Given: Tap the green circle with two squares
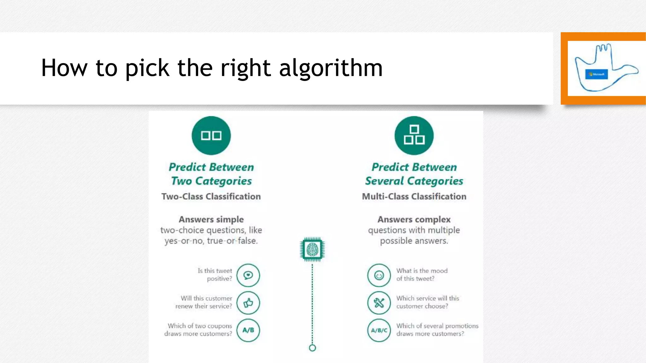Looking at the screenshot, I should coord(211,135).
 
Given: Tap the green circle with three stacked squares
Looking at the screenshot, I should coord(414,135).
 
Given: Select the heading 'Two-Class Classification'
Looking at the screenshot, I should coord(211,196).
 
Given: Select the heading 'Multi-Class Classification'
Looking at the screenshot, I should coord(414,196).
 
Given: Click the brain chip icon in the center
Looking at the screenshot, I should coord(312,250).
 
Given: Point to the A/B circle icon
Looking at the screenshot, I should coord(248,330).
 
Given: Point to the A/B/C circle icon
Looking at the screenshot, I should coord(379,330).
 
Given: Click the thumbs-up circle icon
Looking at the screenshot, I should coord(248,303).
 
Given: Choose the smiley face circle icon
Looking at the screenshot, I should coord(379,275).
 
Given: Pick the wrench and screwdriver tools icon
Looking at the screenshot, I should coord(379,303).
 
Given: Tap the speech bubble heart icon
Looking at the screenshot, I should coord(248,275).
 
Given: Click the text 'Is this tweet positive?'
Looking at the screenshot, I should coord(215,274).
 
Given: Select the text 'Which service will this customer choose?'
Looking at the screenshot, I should coord(427,302).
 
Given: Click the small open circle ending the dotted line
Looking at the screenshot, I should coord(312,348).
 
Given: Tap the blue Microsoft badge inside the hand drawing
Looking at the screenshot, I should coord(596,74).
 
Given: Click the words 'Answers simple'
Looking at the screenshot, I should coord(211,219).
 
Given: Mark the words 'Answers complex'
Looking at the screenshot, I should coord(414,219).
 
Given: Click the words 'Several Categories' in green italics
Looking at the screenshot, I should coord(414,181).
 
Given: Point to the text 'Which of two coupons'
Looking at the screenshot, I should coord(200,326).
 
